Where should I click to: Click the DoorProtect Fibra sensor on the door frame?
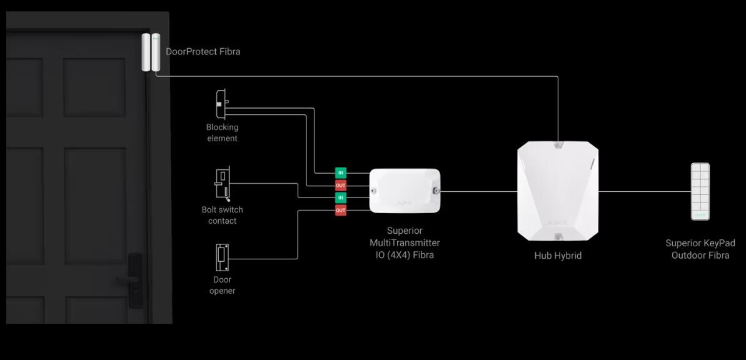pos(151,52)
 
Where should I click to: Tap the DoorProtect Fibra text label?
pos(203,51)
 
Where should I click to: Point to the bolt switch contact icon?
pos(223,183)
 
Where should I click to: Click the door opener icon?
pos(222,257)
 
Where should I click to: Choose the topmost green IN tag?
pos(341,172)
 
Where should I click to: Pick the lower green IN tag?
pos(341,197)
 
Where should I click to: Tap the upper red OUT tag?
pos(341,186)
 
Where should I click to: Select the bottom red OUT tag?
pos(341,210)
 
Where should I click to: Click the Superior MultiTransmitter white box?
pos(405,191)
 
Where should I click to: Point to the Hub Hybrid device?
pos(558,191)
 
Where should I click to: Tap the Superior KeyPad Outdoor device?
pos(700,192)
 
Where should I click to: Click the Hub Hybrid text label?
pos(558,256)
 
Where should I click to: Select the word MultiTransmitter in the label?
pos(405,242)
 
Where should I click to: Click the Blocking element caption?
pos(222,132)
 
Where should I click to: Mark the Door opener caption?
pos(222,286)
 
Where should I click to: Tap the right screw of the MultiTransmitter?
pos(435,191)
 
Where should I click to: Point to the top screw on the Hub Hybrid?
pos(558,144)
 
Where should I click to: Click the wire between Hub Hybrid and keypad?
pos(645,192)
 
